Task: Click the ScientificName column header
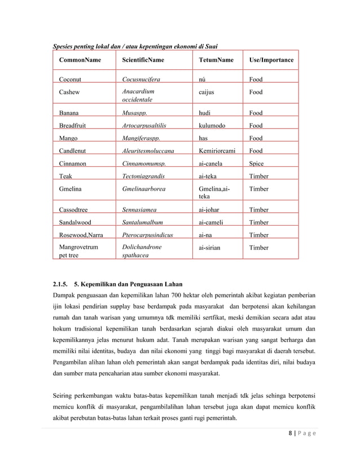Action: [143, 60]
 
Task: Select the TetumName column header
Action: [216, 60]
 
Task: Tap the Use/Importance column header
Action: [271, 60]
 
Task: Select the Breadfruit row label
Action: [73, 126]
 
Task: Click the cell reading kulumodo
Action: [212, 126]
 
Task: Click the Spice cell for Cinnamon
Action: [257, 164]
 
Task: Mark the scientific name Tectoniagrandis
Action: [143, 176]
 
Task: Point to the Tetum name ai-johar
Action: [209, 210]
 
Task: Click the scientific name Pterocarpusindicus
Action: [147, 235]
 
